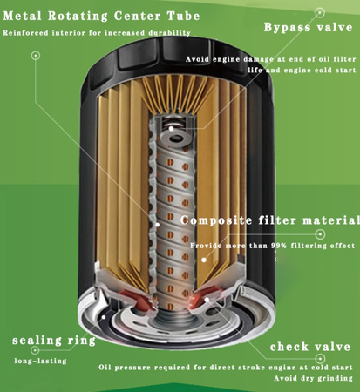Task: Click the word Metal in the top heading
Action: pyautogui.click(x=23, y=16)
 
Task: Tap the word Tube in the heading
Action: pyautogui.click(x=184, y=16)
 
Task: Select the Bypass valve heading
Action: pyautogui.click(x=309, y=28)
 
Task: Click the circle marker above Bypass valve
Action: pyautogui.click(x=320, y=12)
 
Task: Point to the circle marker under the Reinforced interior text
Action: pyautogui.click(x=36, y=56)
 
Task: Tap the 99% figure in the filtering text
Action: pyautogui.click(x=279, y=246)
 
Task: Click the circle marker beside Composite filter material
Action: pyautogui.click(x=320, y=234)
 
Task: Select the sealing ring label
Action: pyautogui.click(x=54, y=341)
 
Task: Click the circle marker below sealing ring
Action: pyautogui.click(x=35, y=350)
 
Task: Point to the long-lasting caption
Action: pyautogui.click(x=40, y=362)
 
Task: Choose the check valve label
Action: pyautogui.click(x=310, y=347)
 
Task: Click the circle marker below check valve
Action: pyautogui.click(x=320, y=359)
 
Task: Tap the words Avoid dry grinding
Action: pyautogui.click(x=313, y=378)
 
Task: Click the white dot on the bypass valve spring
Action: pyautogui.click(x=172, y=128)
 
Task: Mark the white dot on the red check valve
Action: pyautogui.click(x=207, y=300)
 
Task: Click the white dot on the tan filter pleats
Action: pyautogui.click(x=204, y=260)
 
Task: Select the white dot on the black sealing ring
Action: pyautogui.click(x=104, y=317)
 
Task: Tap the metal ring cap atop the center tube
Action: pyautogui.click(x=175, y=138)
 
